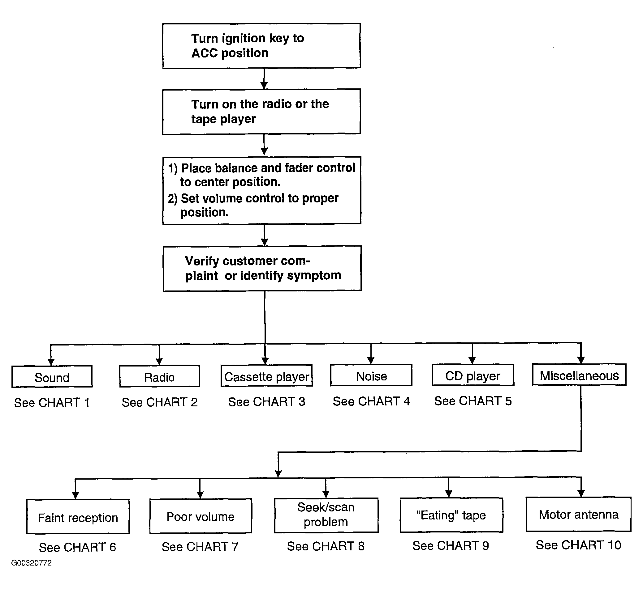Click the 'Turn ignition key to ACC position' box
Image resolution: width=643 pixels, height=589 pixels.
click(261, 46)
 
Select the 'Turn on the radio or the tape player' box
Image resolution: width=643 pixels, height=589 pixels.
click(261, 112)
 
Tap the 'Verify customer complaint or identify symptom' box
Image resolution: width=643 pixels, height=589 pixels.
click(262, 268)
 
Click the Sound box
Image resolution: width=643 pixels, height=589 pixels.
click(52, 376)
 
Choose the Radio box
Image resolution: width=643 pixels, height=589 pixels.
click(160, 376)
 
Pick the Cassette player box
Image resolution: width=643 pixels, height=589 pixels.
click(266, 375)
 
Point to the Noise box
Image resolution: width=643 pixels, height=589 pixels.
click(371, 375)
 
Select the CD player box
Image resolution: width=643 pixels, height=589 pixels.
click(473, 375)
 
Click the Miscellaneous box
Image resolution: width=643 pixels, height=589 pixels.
click(579, 375)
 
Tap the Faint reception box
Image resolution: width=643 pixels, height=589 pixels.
click(78, 516)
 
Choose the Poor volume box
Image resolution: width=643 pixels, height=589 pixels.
click(201, 516)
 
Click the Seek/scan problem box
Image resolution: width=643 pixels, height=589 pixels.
click(326, 515)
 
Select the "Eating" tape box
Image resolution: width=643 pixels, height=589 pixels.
click(451, 515)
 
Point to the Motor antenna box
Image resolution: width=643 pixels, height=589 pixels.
click(579, 514)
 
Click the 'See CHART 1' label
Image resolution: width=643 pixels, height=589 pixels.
click(52, 403)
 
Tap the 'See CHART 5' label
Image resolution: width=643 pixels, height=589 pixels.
click(473, 401)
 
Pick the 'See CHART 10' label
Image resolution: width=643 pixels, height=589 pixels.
click(578, 545)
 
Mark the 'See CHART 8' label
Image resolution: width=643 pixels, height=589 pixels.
click(326, 546)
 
